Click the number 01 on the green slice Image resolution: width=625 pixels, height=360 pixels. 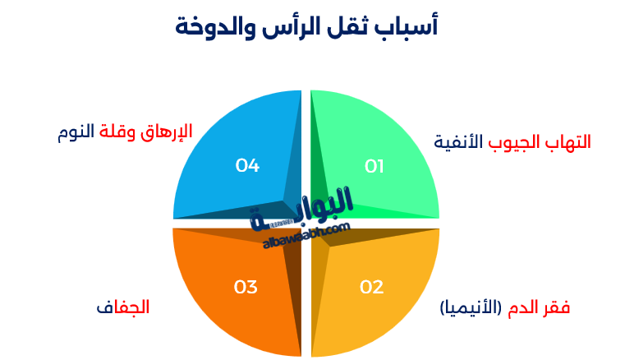click(x=375, y=167)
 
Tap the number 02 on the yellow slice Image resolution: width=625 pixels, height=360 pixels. click(x=372, y=287)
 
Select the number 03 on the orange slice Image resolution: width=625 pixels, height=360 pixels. click(x=246, y=287)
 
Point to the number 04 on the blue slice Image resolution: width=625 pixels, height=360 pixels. click(x=247, y=166)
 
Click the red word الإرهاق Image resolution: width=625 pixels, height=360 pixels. click(x=166, y=132)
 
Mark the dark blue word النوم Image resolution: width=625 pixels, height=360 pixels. click(x=76, y=132)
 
